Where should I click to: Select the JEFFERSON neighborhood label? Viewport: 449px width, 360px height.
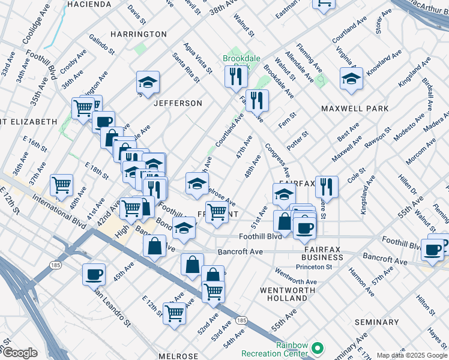[178, 103]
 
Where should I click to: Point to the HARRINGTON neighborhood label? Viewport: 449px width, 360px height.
[139, 34]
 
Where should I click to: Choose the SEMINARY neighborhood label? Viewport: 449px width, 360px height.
[376, 322]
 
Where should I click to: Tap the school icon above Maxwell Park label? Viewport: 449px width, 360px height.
[351, 79]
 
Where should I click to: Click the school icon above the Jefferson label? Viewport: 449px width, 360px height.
[148, 82]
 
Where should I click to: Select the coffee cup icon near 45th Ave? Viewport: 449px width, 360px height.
[94, 274]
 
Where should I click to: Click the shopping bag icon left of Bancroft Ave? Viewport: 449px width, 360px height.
[155, 245]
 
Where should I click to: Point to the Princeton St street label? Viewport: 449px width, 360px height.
[328, 267]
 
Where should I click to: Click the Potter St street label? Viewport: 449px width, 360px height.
[297, 140]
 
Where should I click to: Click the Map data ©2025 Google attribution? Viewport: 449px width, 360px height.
[412, 355]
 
